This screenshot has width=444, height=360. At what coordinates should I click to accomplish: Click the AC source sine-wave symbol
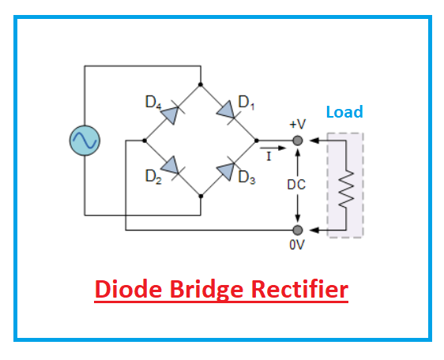point(85,141)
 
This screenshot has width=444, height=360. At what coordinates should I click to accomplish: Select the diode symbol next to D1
point(228,112)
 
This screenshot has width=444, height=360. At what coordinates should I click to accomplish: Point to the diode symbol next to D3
point(228,168)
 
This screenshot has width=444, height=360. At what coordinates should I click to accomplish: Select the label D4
point(153,103)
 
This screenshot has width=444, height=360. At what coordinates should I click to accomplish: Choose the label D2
point(153,177)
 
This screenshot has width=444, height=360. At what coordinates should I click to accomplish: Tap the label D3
point(246,177)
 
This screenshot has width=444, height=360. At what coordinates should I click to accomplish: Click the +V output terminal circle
point(297,141)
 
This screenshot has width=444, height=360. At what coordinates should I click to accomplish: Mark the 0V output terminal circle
point(297,230)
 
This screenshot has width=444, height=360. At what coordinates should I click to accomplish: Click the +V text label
point(297,125)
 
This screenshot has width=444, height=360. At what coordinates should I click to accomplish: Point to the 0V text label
point(297,246)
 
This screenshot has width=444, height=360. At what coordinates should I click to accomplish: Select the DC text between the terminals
point(297,185)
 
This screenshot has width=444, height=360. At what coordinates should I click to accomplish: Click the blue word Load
point(344,112)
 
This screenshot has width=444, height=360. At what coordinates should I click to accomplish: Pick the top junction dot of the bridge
point(201,84)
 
